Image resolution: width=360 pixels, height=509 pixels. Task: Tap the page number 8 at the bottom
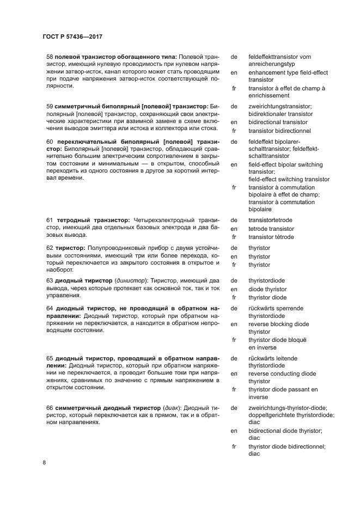(x=44, y=463)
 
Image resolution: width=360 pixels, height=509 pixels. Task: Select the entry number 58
(x=50, y=56)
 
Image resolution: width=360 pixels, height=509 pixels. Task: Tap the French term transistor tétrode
(x=271, y=237)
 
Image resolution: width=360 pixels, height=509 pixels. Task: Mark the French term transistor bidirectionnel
(x=279, y=131)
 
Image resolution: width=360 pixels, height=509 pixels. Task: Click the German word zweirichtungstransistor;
(x=280, y=106)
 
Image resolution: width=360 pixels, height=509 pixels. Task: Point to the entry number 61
(x=50, y=220)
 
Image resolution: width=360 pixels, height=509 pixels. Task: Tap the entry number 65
(x=50, y=359)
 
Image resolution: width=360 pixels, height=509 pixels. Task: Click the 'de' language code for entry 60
(x=234, y=142)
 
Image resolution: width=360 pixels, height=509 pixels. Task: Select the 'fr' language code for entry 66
(x=234, y=446)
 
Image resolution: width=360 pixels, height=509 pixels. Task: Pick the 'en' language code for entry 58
(x=234, y=72)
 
